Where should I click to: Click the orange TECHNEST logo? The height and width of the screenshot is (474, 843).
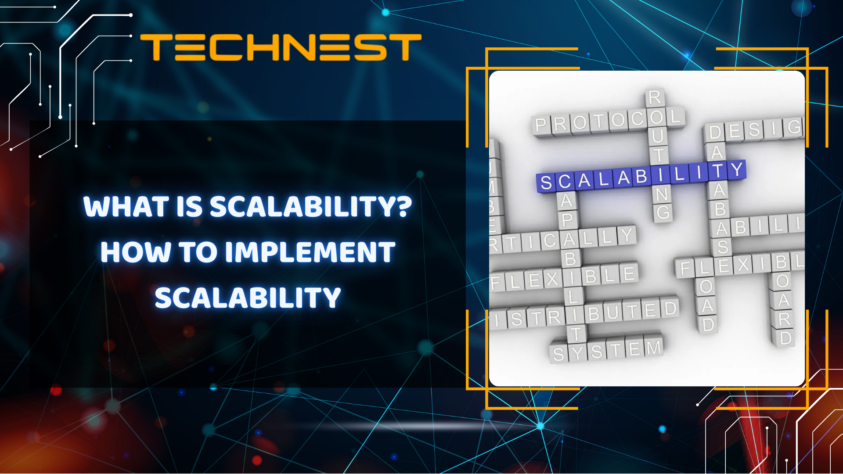pos(281,47)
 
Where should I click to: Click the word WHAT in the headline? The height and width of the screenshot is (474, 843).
pos(126,207)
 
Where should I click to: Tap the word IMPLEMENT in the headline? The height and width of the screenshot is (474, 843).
pos(310,252)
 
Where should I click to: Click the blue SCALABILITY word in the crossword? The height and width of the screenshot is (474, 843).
pos(641,176)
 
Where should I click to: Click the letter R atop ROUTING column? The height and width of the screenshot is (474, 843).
pos(654,97)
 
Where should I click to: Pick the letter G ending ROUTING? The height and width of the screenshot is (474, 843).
pos(663,212)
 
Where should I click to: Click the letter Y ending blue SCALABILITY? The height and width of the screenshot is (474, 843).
pos(737,169)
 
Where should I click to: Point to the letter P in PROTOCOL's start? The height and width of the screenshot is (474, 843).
pos(541,125)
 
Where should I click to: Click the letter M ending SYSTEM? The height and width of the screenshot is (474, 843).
pos(653,348)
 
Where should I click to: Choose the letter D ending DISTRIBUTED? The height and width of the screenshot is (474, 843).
pos(670,308)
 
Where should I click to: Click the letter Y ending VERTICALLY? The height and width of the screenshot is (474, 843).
pos(626,236)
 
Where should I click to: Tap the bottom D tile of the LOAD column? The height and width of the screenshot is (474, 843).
pos(708,325)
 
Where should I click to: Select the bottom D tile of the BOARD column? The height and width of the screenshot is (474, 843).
pos(785,338)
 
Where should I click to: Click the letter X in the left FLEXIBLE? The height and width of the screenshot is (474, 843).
pos(552,279)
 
